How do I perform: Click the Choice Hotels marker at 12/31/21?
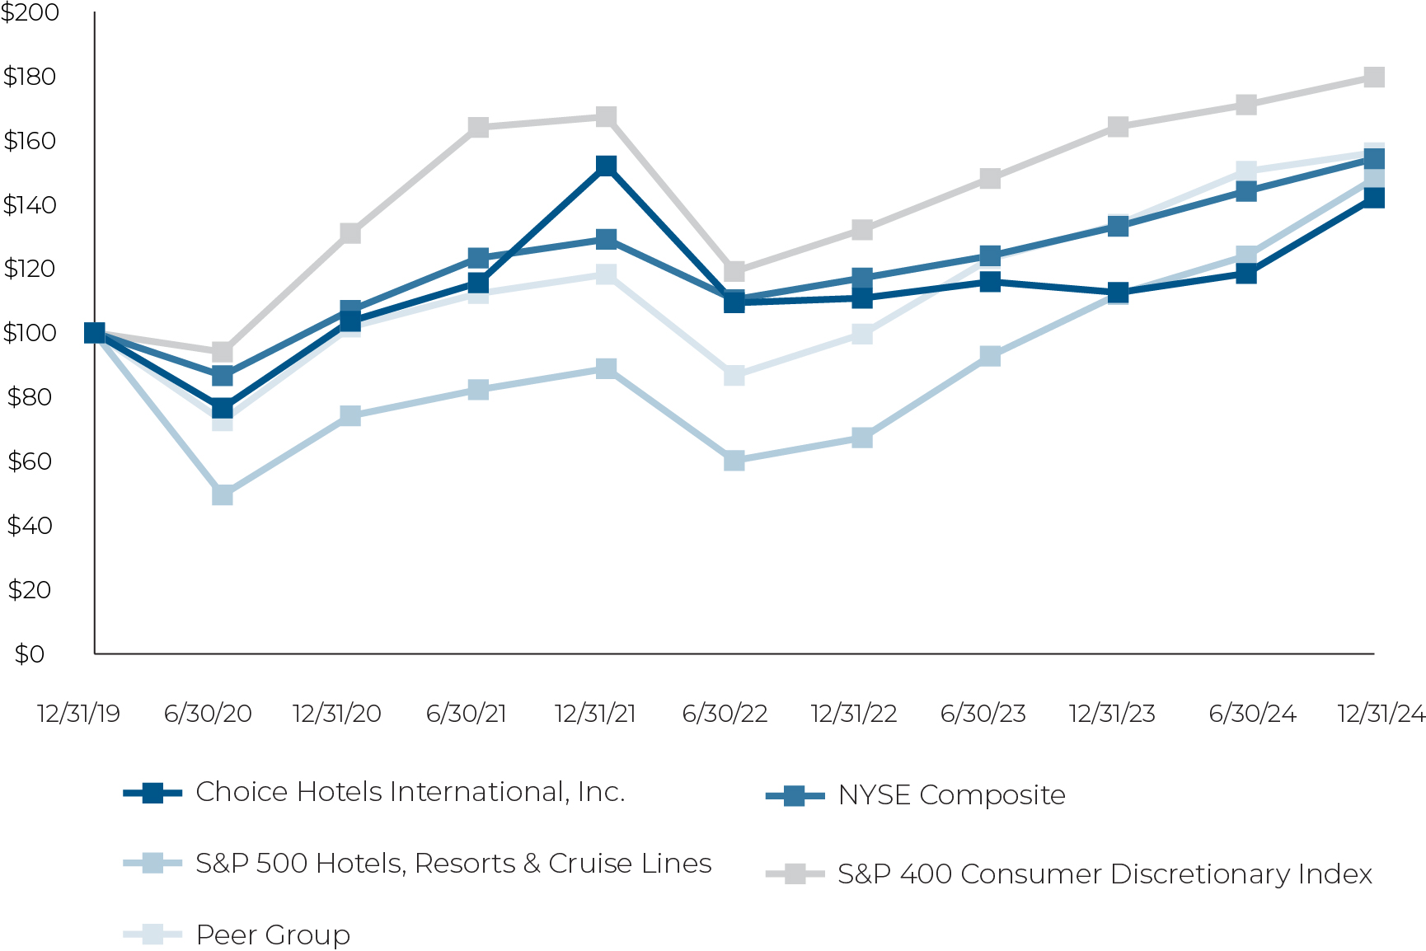click(x=606, y=166)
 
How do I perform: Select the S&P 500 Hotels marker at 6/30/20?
click(x=223, y=494)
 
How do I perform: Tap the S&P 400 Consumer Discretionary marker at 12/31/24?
click(x=1373, y=77)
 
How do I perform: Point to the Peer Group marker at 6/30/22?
click(x=734, y=376)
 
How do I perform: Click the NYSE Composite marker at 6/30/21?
click(x=478, y=258)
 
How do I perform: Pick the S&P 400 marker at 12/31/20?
click(x=349, y=233)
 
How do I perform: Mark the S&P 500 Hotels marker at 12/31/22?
click(x=861, y=438)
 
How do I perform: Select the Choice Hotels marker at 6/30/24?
click(x=1245, y=273)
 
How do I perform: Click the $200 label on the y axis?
click(x=30, y=12)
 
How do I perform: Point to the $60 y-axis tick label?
click(x=30, y=461)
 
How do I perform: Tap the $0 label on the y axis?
click(x=30, y=654)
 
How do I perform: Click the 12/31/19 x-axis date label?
click(x=79, y=714)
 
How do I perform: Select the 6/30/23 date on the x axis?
click(x=983, y=714)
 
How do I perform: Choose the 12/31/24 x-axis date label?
click(x=1381, y=714)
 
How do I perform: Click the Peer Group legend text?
click(x=273, y=935)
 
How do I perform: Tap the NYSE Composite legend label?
click(x=951, y=795)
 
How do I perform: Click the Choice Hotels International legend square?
click(x=152, y=793)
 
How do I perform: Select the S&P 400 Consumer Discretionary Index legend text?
click(x=1105, y=874)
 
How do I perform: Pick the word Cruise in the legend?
click(x=584, y=864)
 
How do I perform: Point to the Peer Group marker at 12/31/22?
click(x=861, y=334)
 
